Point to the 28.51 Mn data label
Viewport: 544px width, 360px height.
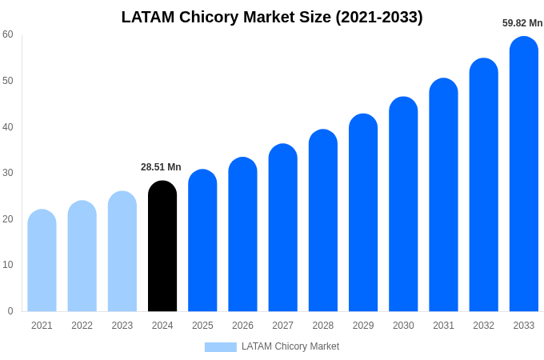[161, 167]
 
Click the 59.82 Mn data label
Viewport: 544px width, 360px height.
[522, 23]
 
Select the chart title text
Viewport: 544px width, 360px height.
[272, 17]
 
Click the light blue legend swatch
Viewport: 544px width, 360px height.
[220, 347]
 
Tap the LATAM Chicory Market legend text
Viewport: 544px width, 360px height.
[290, 346]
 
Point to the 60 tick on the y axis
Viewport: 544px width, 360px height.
[8, 34]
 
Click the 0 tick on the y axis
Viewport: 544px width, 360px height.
[10, 311]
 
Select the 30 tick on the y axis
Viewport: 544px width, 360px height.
[8, 173]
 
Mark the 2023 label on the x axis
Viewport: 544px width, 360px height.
[122, 326]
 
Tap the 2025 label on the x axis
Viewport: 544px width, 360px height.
[202, 326]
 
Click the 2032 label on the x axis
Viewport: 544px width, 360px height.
[483, 326]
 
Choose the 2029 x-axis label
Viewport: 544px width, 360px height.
[363, 326]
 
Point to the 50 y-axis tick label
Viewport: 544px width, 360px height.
[8, 81]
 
